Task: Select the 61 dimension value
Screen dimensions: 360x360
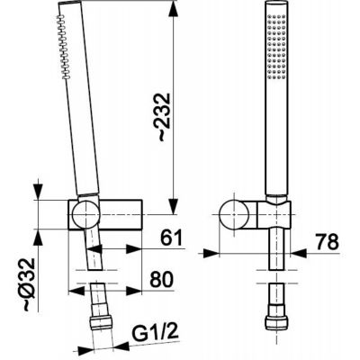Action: [x=171, y=238]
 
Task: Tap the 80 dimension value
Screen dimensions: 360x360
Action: [x=162, y=279]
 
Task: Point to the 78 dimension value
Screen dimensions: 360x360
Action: [x=328, y=241]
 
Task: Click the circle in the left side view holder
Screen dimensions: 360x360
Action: [x=85, y=214]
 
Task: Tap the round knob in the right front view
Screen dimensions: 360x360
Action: [x=234, y=215]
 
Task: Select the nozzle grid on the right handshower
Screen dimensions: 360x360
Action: [x=276, y=47]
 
